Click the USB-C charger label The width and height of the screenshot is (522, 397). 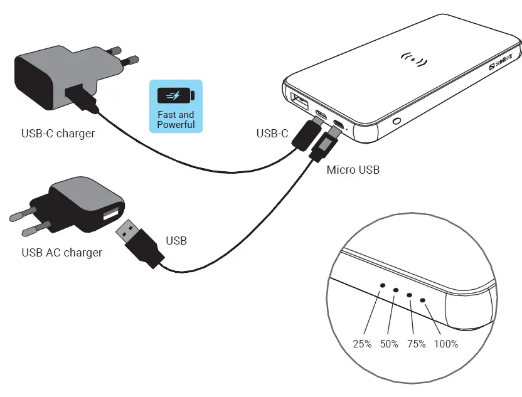pyautogui.click(x=58, y=133)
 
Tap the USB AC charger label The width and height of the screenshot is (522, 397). pyautogui.click(x=61, y=253)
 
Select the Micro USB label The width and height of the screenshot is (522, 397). pyautogui.click(x=353, y=169)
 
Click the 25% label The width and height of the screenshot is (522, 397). pyautogui.click(x=362, y=344)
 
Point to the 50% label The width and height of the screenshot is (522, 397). pyautogui.click(x=389, y=344)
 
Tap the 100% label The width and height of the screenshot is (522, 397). pyautogui.click(x=446, y=344)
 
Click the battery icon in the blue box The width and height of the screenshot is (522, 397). pyautogui.click(x=176, y=96)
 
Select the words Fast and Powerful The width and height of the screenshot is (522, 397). pyautogui.click(x=176, y=119)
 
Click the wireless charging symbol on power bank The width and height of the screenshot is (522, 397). pyautogui.click(x=413, y=61)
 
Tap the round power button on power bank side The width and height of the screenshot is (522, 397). pyautogui.click(x=397, y=120)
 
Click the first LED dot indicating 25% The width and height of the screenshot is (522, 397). pyautogui.click(x=383, y=285)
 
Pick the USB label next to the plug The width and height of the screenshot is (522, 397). pyautogui.click(x=176, y=240)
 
